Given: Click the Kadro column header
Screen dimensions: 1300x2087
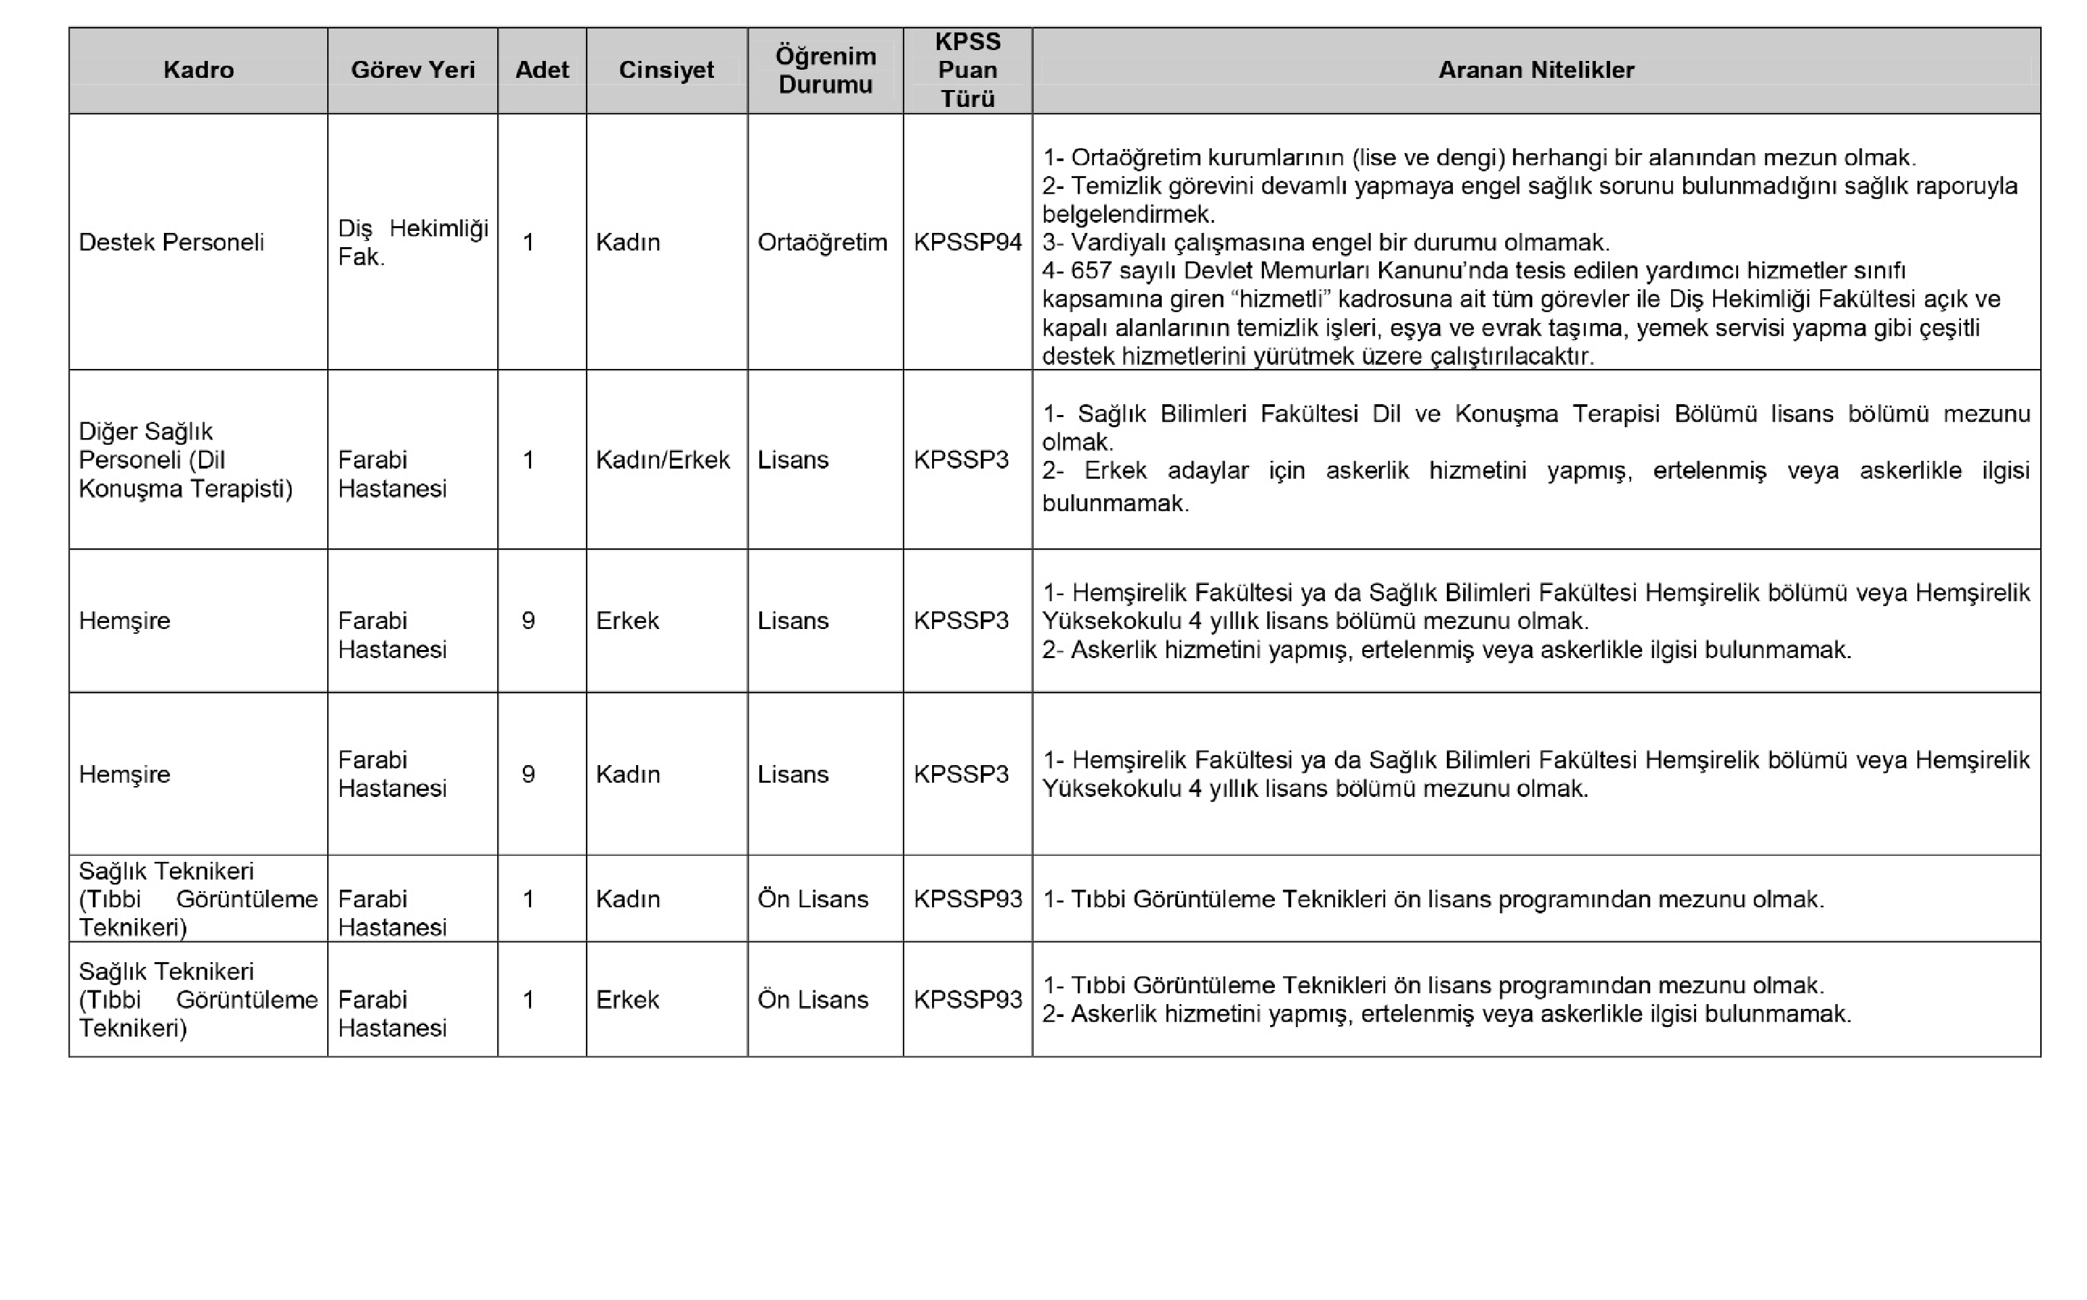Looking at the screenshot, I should [198, 70].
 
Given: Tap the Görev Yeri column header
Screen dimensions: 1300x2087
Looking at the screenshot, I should [412, 70].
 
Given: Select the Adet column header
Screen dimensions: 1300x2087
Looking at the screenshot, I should [542, 70].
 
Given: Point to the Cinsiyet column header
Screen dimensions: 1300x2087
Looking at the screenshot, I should [667, 70].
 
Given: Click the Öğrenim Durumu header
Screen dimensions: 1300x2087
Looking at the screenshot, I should [826, 70].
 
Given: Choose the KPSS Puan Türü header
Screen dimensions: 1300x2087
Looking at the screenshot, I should [967, 70].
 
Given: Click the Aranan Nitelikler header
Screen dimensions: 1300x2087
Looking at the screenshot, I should [1536, 70].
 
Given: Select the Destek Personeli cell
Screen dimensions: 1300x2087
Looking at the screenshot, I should [171, 242].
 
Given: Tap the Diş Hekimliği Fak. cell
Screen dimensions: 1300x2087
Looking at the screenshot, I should [412, 242].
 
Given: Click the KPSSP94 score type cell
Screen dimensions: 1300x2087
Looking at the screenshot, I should [967, 242].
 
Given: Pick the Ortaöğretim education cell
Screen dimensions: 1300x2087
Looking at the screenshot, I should [822, 242].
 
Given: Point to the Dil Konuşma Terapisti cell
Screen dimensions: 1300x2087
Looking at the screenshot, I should [185, 460].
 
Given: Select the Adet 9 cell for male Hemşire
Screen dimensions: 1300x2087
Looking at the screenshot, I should [529, 621].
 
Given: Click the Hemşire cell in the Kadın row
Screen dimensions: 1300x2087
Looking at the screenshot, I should [125, 775].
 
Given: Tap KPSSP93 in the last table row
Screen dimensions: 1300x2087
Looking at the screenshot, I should [967, 1000].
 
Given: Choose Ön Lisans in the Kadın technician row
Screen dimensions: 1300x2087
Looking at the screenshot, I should [813, 899].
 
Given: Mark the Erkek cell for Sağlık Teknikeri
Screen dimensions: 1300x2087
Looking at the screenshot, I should [628, 1000].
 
